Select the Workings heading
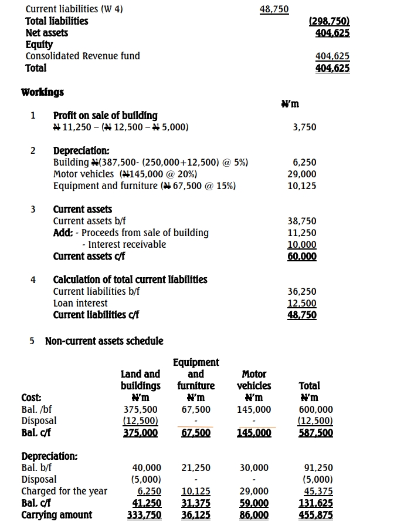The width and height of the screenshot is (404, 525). coord(43,92)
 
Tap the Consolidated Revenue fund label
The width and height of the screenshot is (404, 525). coord(83,56)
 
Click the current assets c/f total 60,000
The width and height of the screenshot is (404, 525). coord(303,257)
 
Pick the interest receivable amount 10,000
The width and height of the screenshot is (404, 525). coord(303,245)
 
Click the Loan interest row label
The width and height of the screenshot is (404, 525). coord(80,304)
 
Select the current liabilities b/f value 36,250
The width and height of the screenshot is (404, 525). coord(303,292)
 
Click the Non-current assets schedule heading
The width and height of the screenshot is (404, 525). coord(104,341)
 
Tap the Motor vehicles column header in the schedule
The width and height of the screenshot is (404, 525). coord(254,380)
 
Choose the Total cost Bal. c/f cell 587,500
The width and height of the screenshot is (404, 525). coord(316,433)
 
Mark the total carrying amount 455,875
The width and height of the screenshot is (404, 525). coord(316,515)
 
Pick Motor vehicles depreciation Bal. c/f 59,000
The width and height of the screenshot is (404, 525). coord(254,503)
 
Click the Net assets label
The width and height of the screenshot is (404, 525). coord(47,33)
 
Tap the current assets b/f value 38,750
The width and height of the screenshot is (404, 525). coord(303,221)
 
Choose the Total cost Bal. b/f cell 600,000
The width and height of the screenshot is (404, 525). coord(316,409)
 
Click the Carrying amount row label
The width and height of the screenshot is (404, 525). coord(57,515)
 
